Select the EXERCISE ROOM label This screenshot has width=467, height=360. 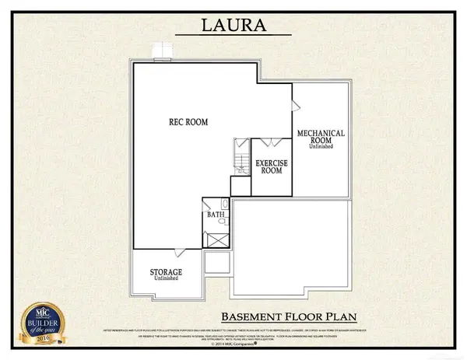tap(272, 166)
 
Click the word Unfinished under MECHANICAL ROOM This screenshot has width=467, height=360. tap(320, 147)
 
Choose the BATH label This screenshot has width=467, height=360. tap(215, 213)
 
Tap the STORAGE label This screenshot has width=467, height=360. tap(166, 271)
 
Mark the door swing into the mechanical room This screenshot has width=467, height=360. tap(293, 104)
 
